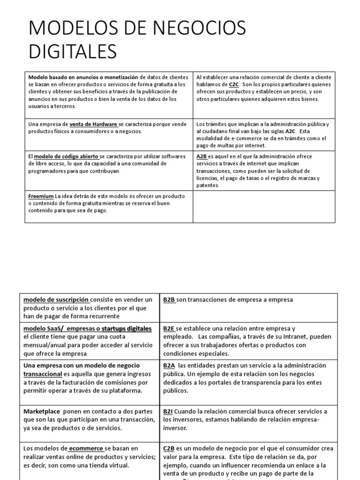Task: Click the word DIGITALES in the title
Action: pos(72,51)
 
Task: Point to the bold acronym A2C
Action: pos(291,132)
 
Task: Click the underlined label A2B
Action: pos(202,157)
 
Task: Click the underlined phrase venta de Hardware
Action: pos(93,124)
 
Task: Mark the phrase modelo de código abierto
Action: pos(66,157)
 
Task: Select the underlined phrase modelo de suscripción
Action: pos(56,299)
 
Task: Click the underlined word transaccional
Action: pos(43,374)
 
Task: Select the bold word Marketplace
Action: pos(43,411)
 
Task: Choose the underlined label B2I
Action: pos(168,411)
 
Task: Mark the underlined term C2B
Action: pos(169,449)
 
